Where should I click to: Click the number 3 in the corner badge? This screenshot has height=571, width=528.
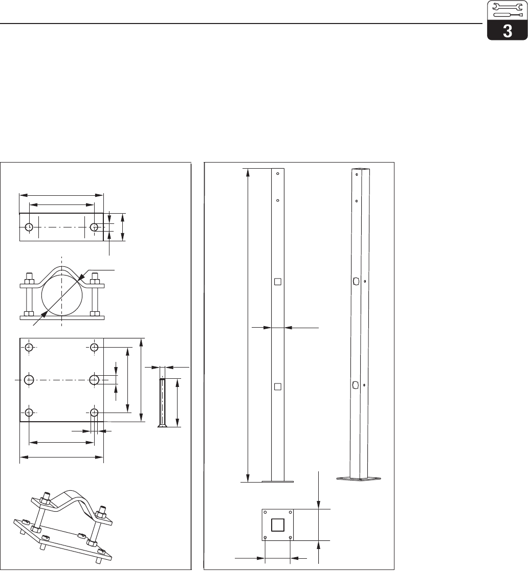click(x=507, y=31)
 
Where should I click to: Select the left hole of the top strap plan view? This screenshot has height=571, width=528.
click(x=29, y=227)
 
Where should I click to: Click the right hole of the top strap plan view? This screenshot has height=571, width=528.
click(x=94, y=227)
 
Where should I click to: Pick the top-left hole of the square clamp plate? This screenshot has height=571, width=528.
click(x=29, y=347)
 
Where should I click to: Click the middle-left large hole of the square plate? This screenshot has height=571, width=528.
click(x=29, y=380)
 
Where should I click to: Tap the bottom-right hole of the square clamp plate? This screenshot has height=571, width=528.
click(x=94, y=413)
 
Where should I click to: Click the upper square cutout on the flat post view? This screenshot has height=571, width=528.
click(x=278, y=282)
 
